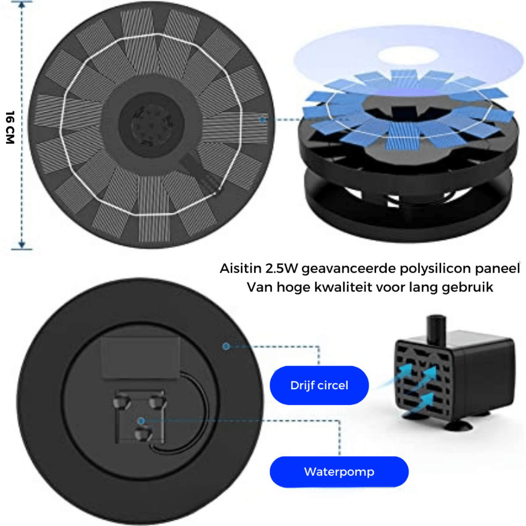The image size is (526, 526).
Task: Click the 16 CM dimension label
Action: pyautogui.click(x=10, y=127)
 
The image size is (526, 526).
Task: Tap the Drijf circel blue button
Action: pyautogui.click(x=319, y=385)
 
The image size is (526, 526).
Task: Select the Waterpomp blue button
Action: pyautogui.click(x=339, y=472)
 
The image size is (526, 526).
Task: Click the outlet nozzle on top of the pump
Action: pyautogui.click(x=436, y=327)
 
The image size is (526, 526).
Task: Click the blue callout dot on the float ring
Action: pyautogui.click(x=226, y=346)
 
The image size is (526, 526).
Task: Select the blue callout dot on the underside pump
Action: pyautogui.click(x=141, y=421)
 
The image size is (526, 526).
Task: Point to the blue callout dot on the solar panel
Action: pyautogui.click(x=262, y=119)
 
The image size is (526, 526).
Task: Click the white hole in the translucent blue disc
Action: pyautogui.click(x=408, y=56)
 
